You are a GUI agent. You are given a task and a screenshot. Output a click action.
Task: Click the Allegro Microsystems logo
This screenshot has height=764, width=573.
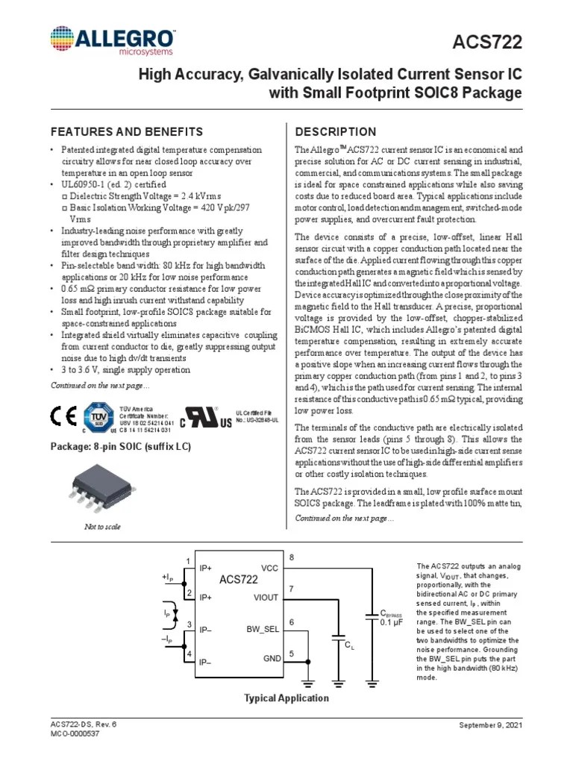(113, 40)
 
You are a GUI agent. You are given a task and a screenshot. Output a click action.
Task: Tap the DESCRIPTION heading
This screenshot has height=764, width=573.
(336, 132)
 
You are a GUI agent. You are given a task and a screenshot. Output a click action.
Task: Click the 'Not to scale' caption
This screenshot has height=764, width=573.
(101, 527)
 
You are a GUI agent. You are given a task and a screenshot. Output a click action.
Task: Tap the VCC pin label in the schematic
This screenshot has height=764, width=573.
(269, 567)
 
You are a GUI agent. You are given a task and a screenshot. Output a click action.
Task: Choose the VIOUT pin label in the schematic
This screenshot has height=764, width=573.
(266, 598)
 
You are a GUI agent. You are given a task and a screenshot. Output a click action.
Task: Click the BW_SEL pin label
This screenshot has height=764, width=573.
(263, 629)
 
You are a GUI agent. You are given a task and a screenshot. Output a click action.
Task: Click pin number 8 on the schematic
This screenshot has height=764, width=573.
(292, 557)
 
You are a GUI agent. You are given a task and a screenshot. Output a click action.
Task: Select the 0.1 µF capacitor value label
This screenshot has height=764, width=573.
(392, 621)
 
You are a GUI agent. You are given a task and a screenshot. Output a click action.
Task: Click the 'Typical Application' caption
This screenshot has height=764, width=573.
(286, 698)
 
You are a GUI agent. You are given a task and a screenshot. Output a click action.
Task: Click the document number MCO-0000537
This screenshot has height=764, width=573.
(75, 734)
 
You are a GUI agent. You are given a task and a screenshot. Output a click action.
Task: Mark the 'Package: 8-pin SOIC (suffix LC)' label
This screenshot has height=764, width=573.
(120, 447)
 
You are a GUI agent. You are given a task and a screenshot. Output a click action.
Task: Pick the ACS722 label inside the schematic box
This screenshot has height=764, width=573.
(239, 580)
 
